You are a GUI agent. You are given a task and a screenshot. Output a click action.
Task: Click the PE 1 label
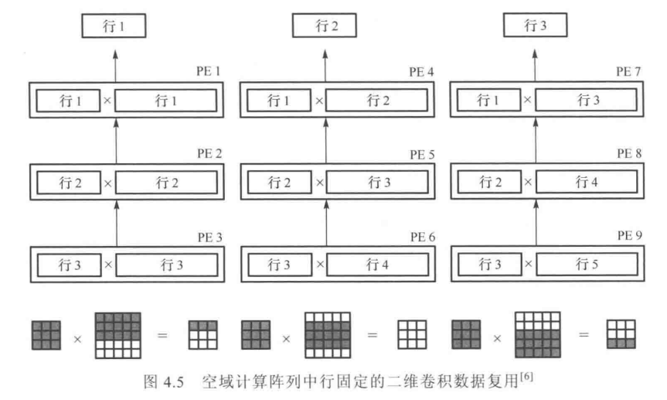point(209,72)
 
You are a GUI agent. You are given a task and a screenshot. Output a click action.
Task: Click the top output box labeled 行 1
point(114,27)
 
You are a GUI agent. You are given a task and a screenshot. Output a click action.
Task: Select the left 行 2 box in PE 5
point(280,183)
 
